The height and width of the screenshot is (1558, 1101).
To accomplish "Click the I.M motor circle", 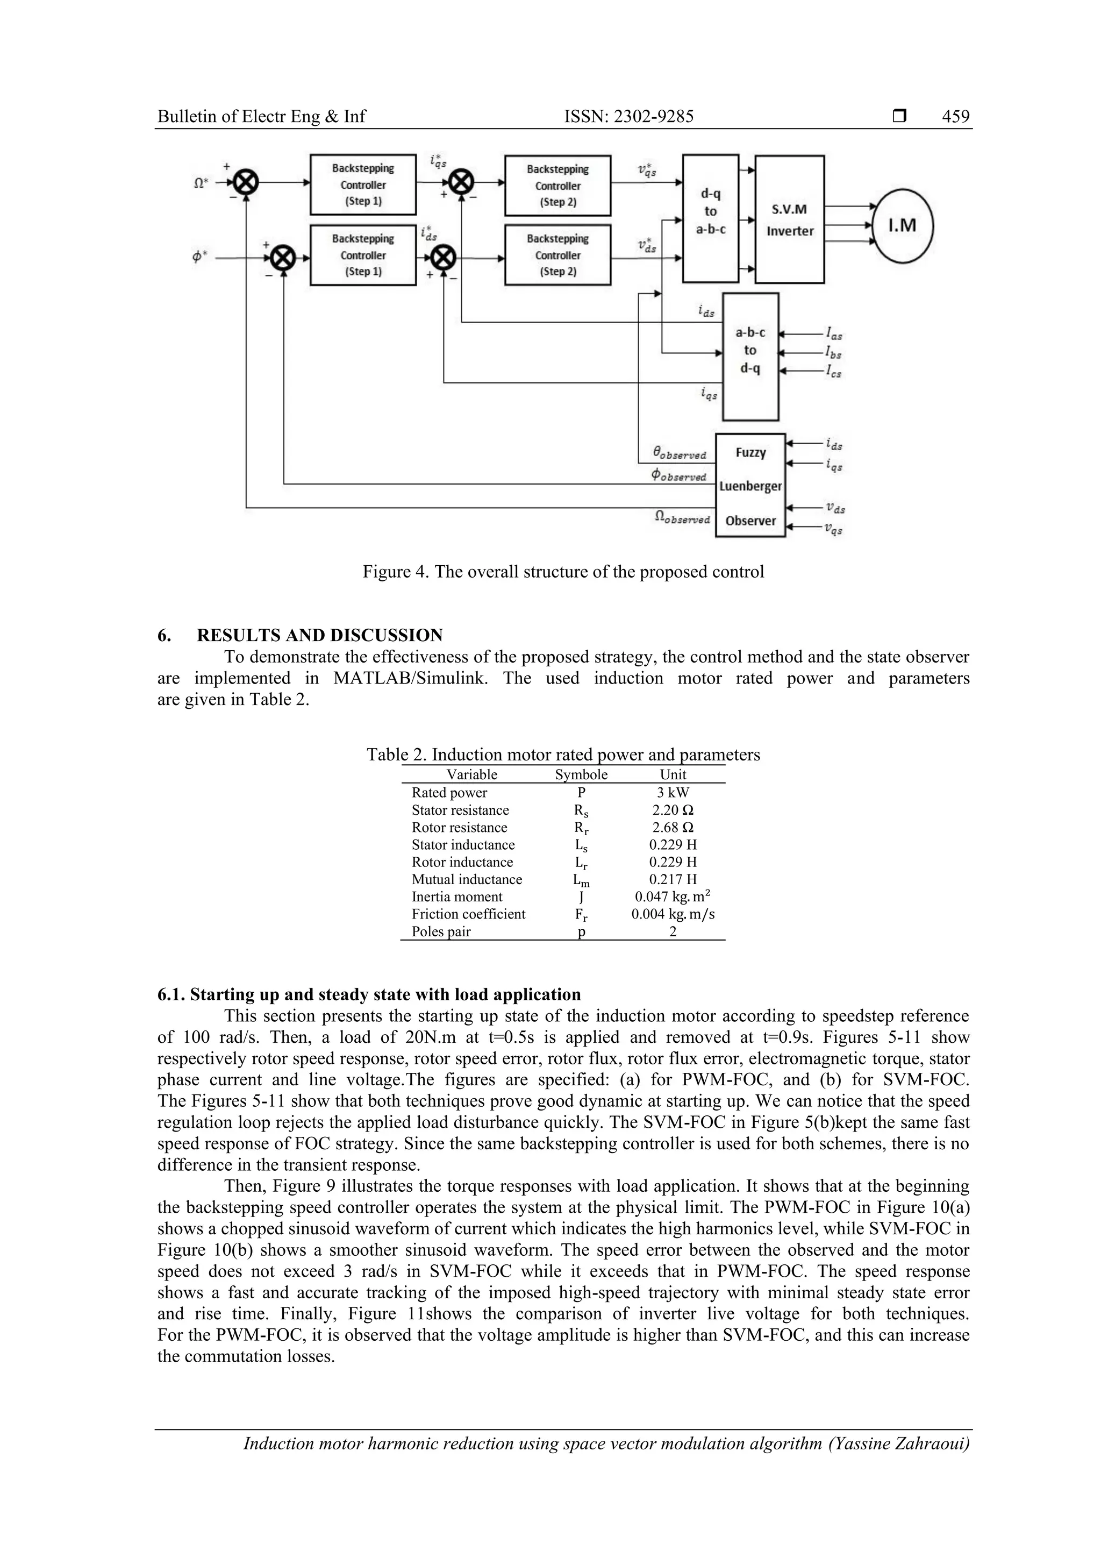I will [903, 225].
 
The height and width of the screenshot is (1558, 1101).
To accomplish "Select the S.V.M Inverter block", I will [790, 219].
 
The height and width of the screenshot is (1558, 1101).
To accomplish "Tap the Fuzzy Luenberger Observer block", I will [750, 486].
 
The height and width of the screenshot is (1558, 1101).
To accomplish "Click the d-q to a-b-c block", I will [710, 218].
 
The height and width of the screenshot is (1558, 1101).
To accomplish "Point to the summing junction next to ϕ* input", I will [283, 258].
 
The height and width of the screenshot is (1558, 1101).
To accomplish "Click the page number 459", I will [955, 117].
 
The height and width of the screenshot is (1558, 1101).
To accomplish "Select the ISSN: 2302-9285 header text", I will [629, 117].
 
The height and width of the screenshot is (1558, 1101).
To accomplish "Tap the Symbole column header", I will [581, 775].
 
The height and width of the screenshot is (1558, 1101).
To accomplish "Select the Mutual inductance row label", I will [467, 879].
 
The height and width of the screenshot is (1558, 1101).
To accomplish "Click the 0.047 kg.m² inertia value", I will [673, 897].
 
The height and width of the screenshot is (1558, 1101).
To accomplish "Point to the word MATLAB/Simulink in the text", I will [410, 679].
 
